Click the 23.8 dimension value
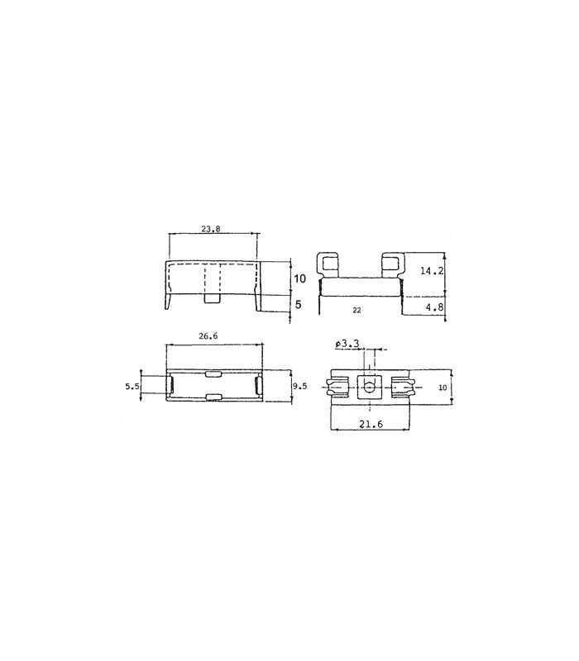[212, 229]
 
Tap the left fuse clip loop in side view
[331, 265]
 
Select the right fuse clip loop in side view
[392, 265]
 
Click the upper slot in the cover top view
[213, 374]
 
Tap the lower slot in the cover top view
[213, 399]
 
